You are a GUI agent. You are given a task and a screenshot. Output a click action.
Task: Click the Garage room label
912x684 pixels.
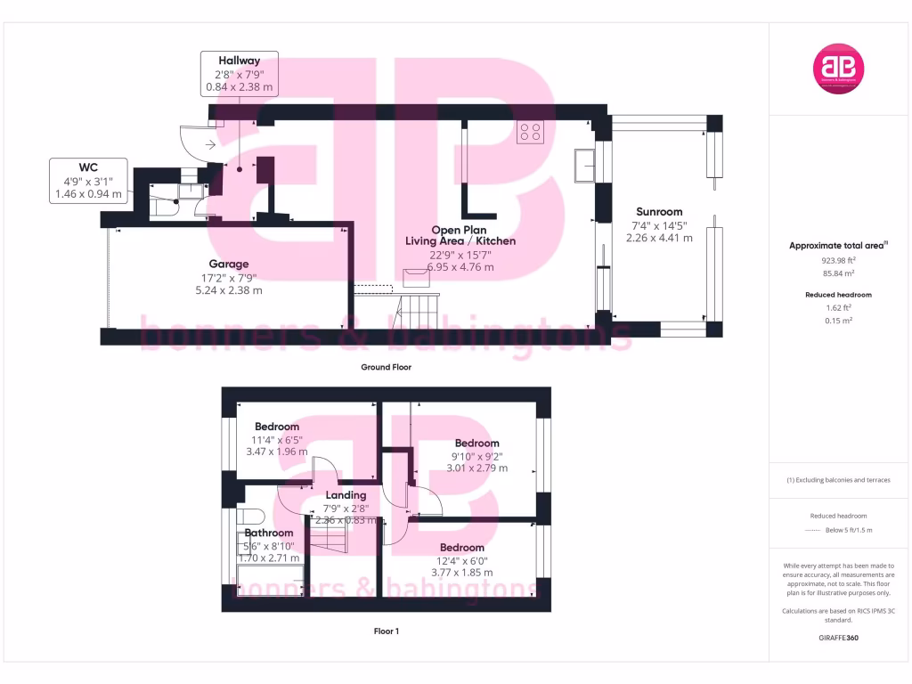229,264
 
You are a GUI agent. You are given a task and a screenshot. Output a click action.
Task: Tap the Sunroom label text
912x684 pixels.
659,212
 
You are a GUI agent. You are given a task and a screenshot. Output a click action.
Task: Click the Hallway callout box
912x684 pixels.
240,74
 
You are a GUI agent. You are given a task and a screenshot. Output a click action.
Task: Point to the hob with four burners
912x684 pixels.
532,132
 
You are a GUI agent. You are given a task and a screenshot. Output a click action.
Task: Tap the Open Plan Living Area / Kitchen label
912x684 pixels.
460,235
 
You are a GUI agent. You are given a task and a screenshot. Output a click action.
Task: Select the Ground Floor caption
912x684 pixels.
386,367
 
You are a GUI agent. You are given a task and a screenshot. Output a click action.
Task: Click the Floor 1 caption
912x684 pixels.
386,631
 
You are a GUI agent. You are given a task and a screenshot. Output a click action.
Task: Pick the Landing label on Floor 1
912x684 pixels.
346,495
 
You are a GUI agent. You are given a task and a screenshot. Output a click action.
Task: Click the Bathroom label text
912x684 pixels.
269,533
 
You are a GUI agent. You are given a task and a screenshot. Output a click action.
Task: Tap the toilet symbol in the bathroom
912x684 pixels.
248,516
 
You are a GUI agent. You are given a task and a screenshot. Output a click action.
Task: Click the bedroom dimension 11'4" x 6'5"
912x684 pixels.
276,439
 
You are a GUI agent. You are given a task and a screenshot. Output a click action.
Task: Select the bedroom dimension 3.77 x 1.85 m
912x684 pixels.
461,573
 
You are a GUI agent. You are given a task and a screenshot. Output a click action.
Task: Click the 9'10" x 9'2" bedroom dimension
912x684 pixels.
476,456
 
